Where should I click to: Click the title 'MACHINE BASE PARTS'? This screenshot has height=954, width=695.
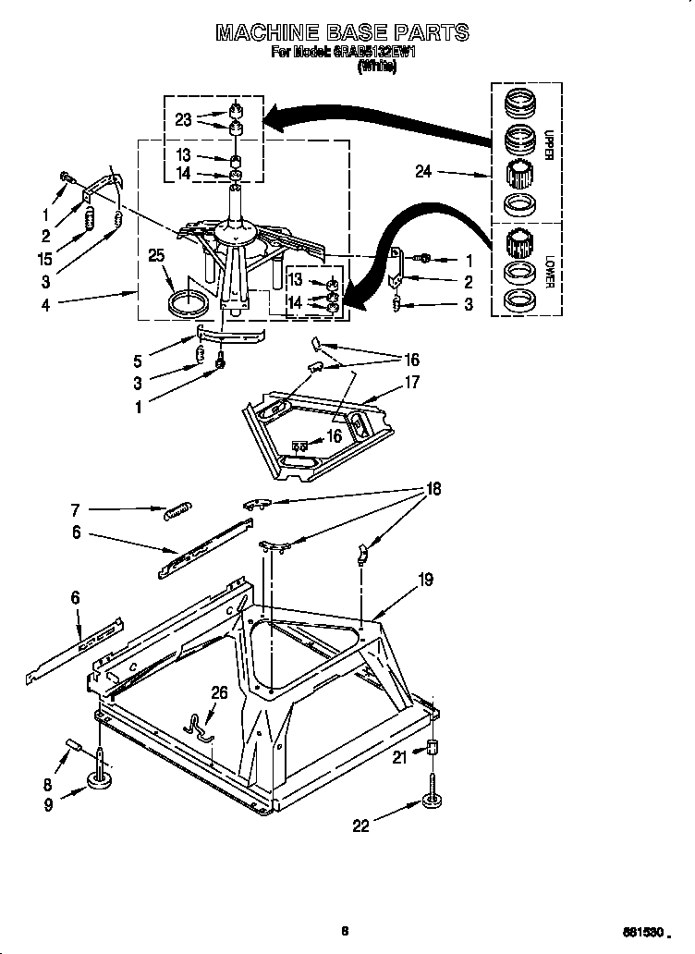tap(342, 33)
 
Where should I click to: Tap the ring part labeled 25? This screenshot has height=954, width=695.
tap(189, 301)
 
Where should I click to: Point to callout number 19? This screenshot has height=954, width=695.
tap(424, 580)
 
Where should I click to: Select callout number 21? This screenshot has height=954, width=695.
tap(398, 759)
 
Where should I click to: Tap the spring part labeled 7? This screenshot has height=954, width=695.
tap(177, 509)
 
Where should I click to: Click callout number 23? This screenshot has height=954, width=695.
tap(183, 118)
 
